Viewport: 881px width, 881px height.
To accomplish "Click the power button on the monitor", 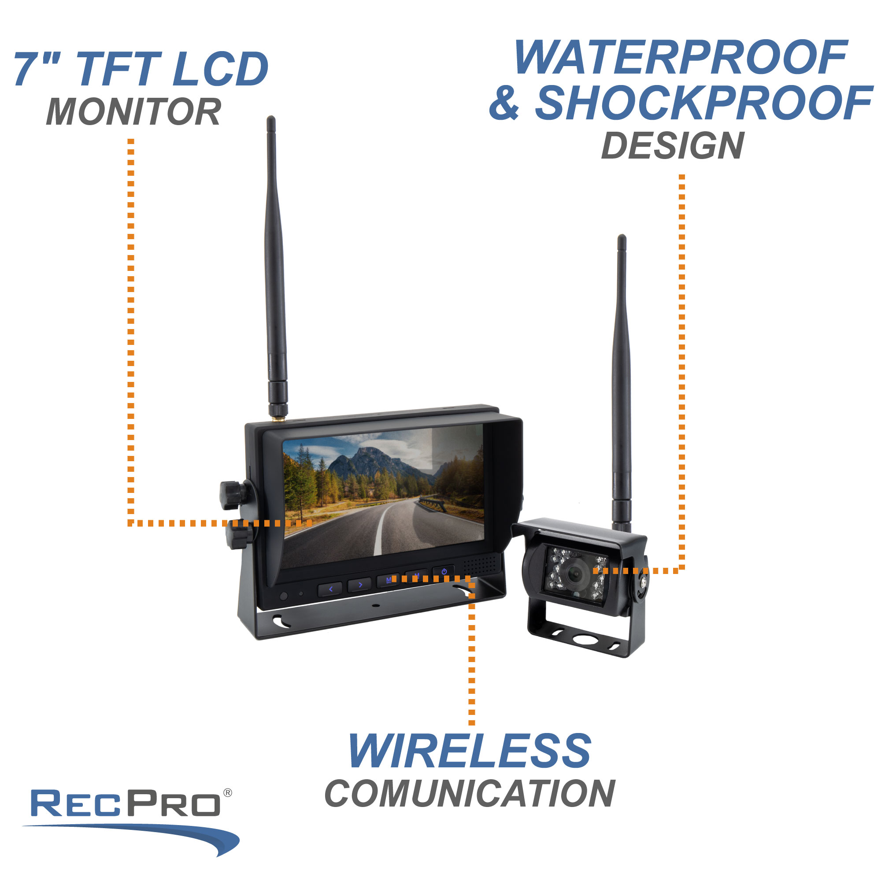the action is pos(444,572).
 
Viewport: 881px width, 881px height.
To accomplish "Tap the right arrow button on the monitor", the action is pos(360,585).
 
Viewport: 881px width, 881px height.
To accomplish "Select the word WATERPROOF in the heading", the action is pos(681,57).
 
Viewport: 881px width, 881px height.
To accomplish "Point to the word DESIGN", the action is pos(673,146).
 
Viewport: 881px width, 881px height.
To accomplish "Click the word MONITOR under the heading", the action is pos(133,112).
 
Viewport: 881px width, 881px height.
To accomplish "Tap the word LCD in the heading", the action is pos(221,69).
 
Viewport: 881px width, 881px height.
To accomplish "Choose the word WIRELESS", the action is pos(469,751).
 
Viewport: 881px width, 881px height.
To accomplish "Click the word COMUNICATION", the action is pos(470,794).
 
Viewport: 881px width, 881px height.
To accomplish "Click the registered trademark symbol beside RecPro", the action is pos(228,793).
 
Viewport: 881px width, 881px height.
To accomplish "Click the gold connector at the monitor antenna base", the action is pos(277,417).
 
